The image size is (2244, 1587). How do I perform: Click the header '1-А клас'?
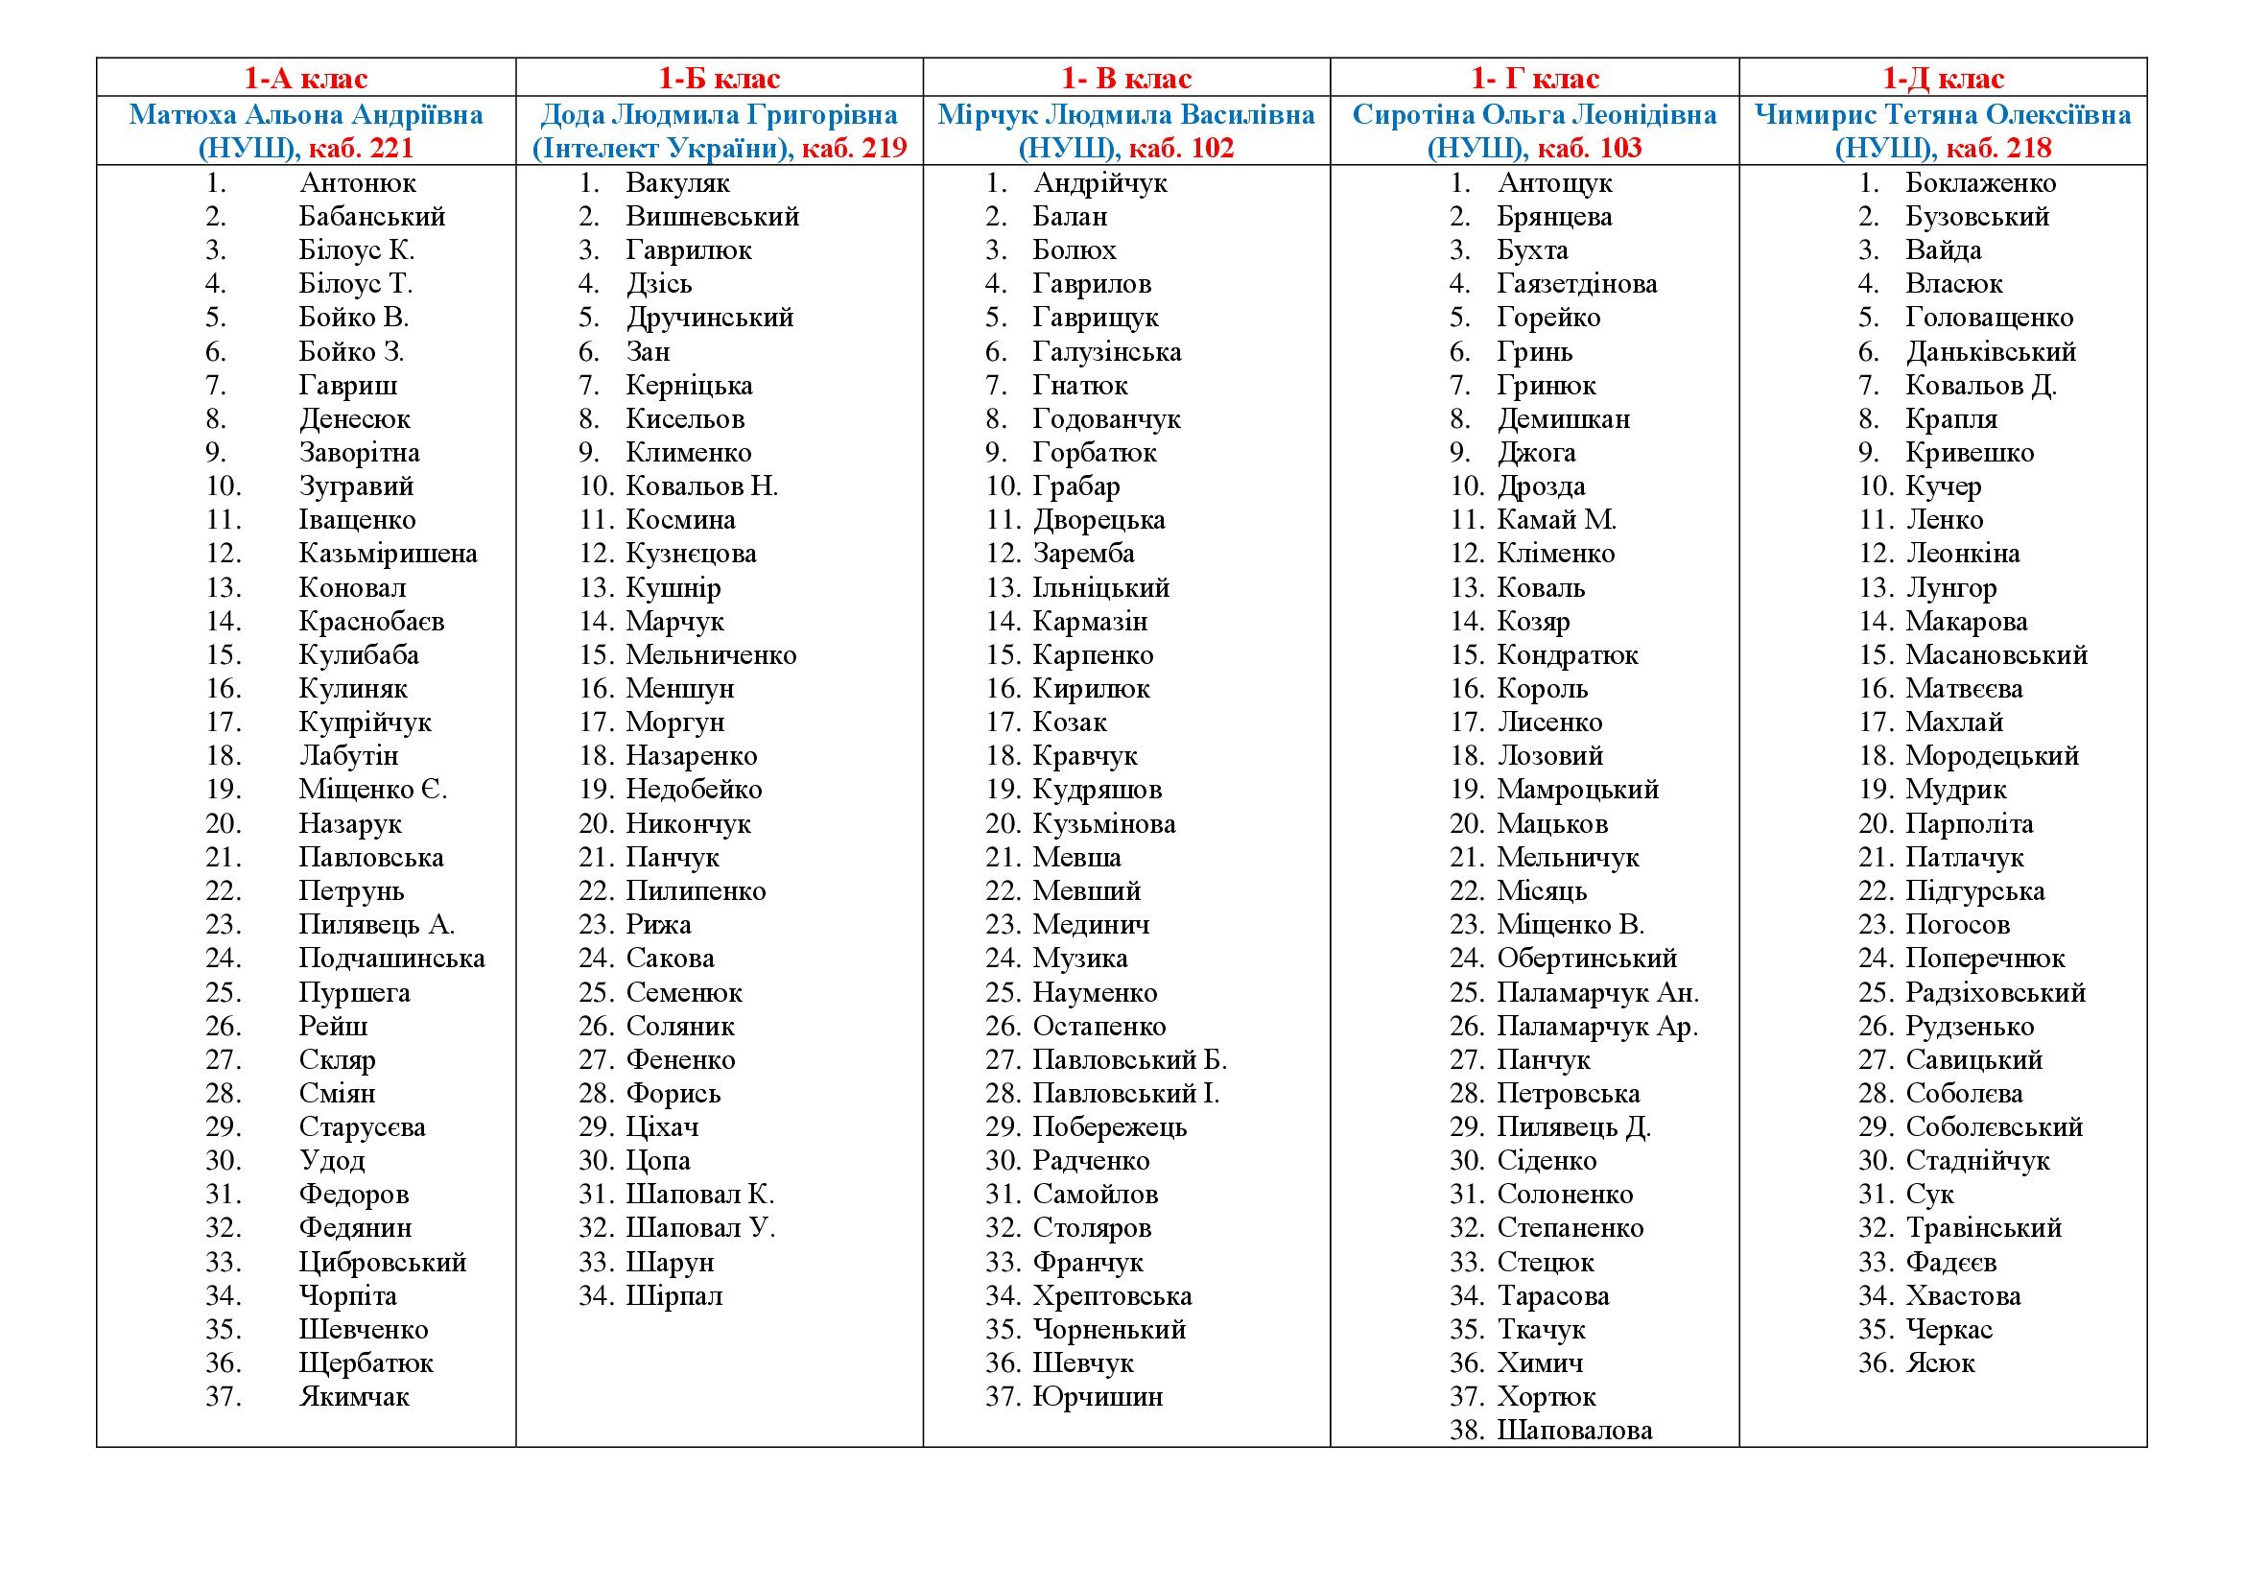tap(306, 78)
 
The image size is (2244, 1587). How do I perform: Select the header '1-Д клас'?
tap(1943, 78)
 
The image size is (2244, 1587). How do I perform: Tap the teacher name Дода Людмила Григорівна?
tap(720, 115)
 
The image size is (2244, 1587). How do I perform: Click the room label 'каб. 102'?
tap(1181, 149)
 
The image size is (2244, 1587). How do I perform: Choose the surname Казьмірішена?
tap(388, 554)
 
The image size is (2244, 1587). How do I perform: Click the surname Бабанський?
tap(371, 217)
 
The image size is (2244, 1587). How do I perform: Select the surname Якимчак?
tap(354, 1397)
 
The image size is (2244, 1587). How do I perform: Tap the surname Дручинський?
tap(710, 318)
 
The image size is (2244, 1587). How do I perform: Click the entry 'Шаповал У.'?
tap(699, 1228)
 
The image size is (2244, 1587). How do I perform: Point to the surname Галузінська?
tap(1106, 352)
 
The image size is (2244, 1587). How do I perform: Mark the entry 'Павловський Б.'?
tap(1130, 1060)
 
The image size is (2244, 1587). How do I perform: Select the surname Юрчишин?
tap(1098, 1397)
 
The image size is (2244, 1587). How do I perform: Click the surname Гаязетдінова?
tap(1576, 284)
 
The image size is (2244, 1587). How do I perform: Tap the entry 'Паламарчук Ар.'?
tap(1597, 1027)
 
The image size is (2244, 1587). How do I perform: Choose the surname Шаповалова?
tap(1574, 1431)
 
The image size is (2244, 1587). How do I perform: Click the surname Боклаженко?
tap(1980, 182)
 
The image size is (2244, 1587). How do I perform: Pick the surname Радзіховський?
tap(1995, 993)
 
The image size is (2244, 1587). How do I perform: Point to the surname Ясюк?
tap(1940, 1363)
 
